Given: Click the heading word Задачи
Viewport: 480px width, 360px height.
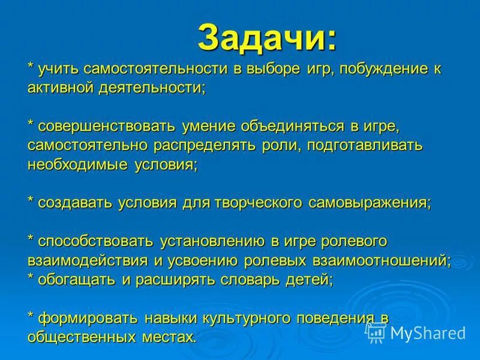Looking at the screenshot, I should (x=267, y=38).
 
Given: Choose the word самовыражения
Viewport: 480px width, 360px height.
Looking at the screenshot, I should (x=370, y=203).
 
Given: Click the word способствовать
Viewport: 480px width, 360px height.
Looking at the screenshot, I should (x=97, y=241).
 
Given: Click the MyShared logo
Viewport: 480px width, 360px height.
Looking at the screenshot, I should (x=416, y=332).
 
